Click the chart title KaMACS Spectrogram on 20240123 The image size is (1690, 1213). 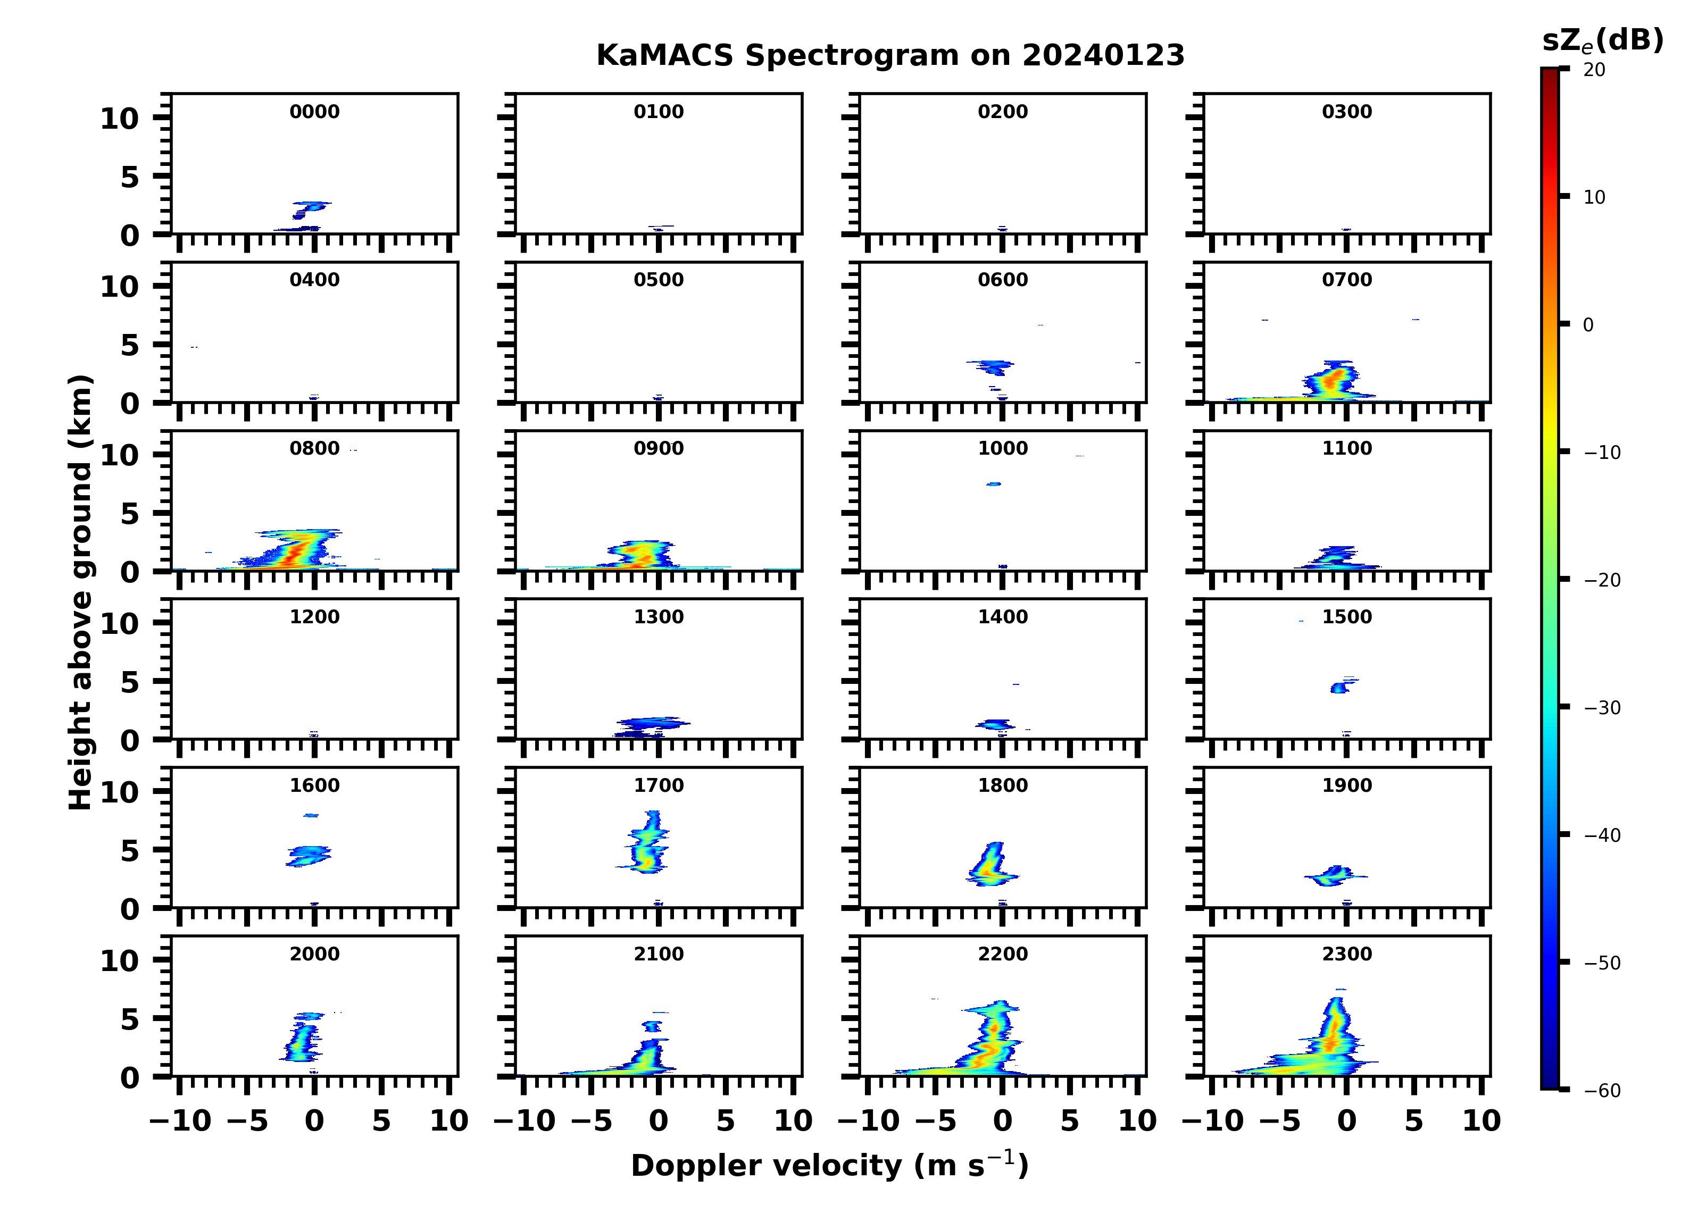pyautogui.click(x=890, y=56)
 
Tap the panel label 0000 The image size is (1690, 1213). pyautogui.click(x=314, y=112)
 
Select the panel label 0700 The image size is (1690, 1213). pyautogui.click(x=1346, y=280)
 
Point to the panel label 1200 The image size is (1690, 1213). pyautogui.click(x=314, y=617)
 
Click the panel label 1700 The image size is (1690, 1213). pyautogui.click(x=659, y=785)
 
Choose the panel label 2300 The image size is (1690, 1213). pyautogui.click(x=1346, y=953)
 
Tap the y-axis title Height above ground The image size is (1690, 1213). pyautogui.click(x=80, y=592)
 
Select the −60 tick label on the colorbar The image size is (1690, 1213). pyautogui.click(x=1602, y=1091)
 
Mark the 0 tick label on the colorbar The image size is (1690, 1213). pyautogui.click(x=1588, y=325)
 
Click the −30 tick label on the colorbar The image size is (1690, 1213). pyautogui.click(x=1602, y=708)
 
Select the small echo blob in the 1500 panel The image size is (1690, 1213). pyautogui.click(x=1339, y=687)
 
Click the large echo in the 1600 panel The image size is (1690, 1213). pyautogui.click(x=308, y=855)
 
